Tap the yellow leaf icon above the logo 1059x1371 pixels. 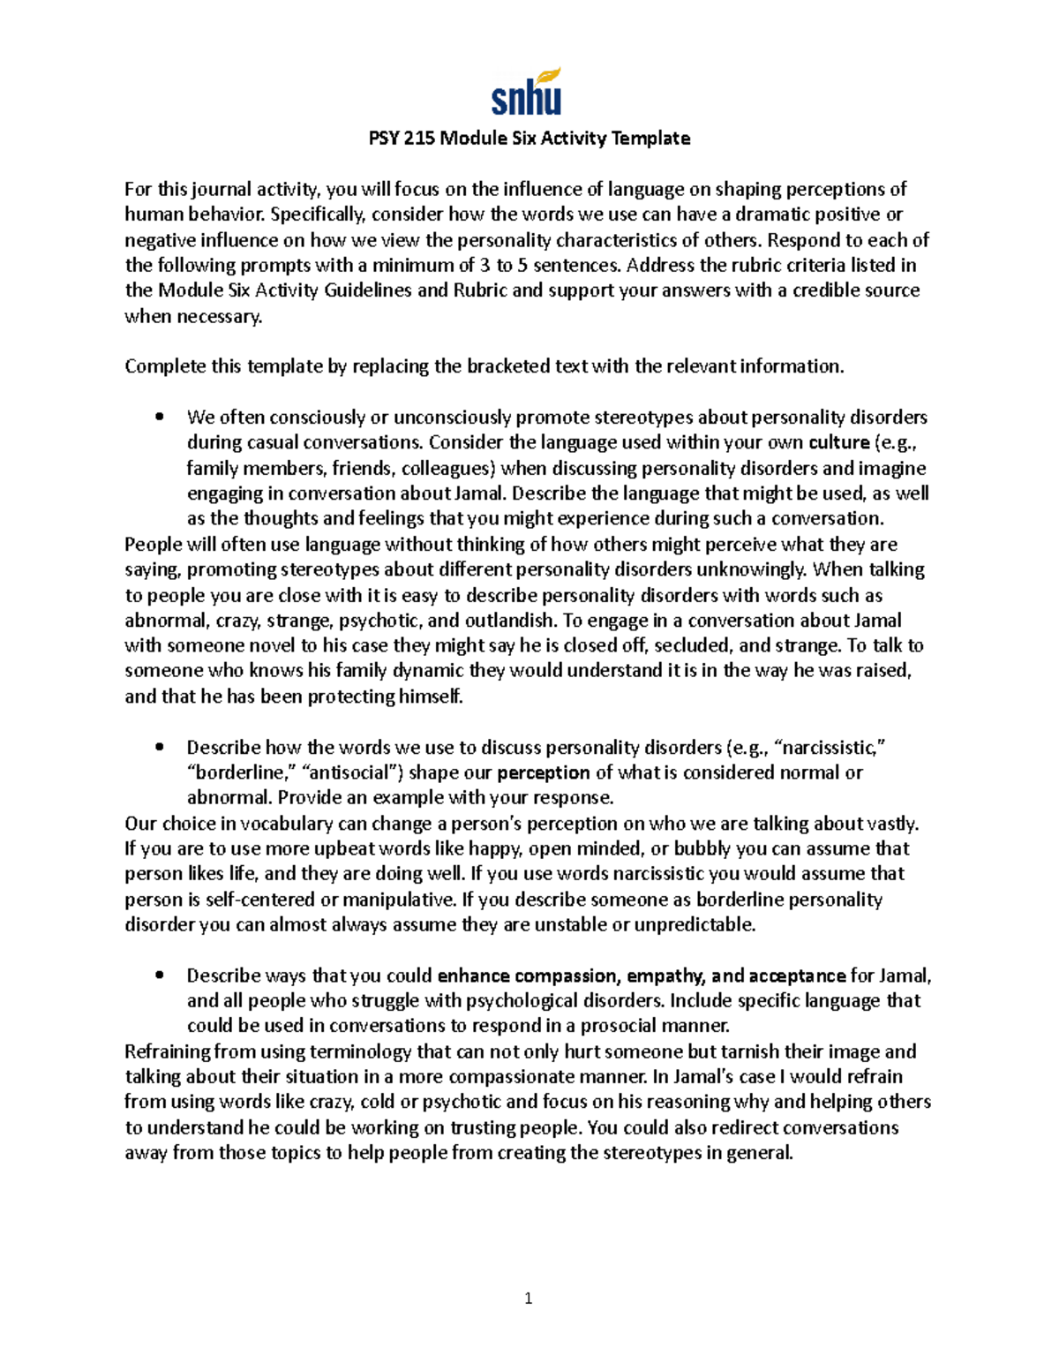point(548,76)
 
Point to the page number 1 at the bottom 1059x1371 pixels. point(529,1298)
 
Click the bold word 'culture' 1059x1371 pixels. point(838,442)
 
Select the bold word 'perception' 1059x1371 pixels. point(544,772)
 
